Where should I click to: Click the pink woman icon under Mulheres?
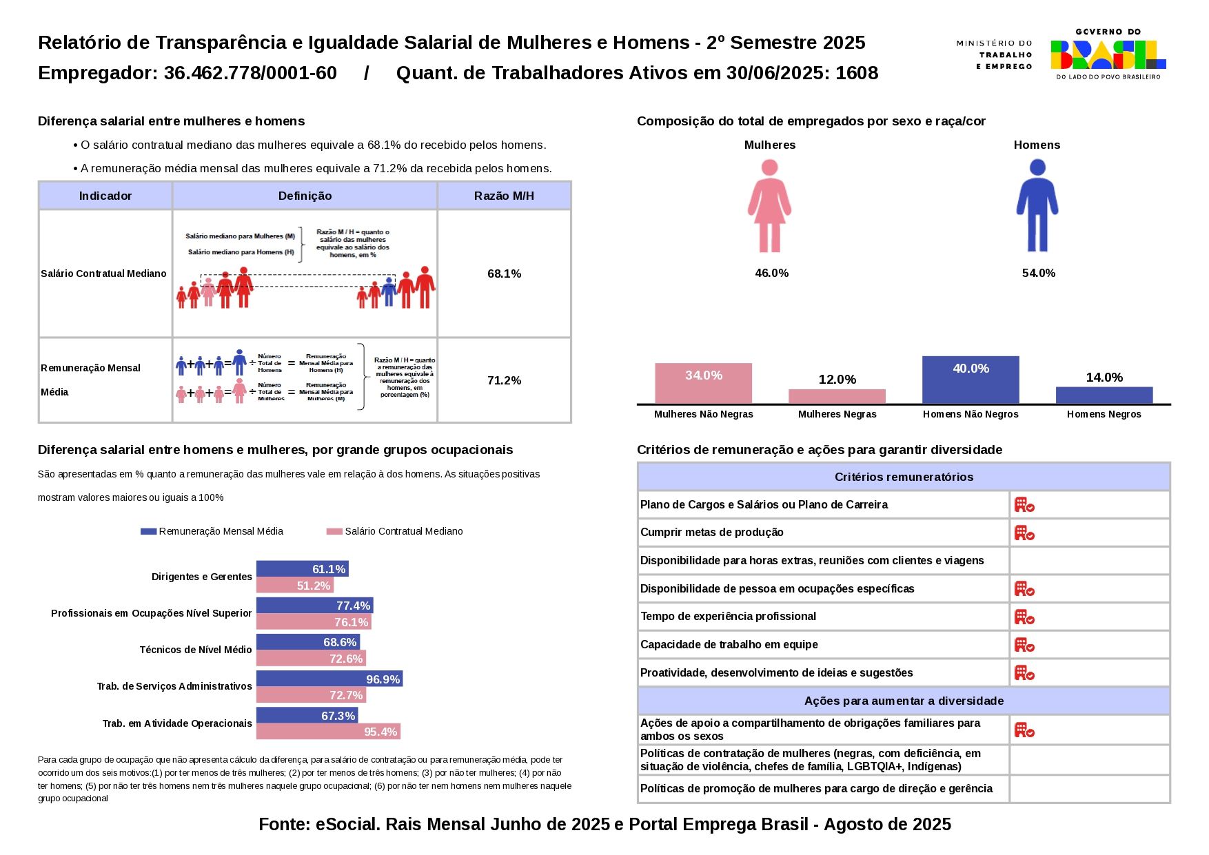769,206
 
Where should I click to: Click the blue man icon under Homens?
1037,206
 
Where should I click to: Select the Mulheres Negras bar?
837,396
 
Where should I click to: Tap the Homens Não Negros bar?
971,380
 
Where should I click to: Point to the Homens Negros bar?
1104,395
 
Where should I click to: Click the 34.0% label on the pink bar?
704,375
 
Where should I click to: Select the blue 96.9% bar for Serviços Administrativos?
329,679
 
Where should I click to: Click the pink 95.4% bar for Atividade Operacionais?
328,731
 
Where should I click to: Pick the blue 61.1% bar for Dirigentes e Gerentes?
302,568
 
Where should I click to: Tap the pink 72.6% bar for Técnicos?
311,658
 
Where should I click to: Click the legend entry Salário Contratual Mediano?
403,531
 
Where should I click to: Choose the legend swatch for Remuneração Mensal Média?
148,531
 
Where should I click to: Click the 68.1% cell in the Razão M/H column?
504,274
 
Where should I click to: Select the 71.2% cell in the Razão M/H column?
504,380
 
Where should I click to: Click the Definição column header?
305,196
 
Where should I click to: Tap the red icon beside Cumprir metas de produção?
1024,533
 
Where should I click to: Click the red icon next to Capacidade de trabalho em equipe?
1024,645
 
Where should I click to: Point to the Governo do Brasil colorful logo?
1108,54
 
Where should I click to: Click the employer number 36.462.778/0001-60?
250,73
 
